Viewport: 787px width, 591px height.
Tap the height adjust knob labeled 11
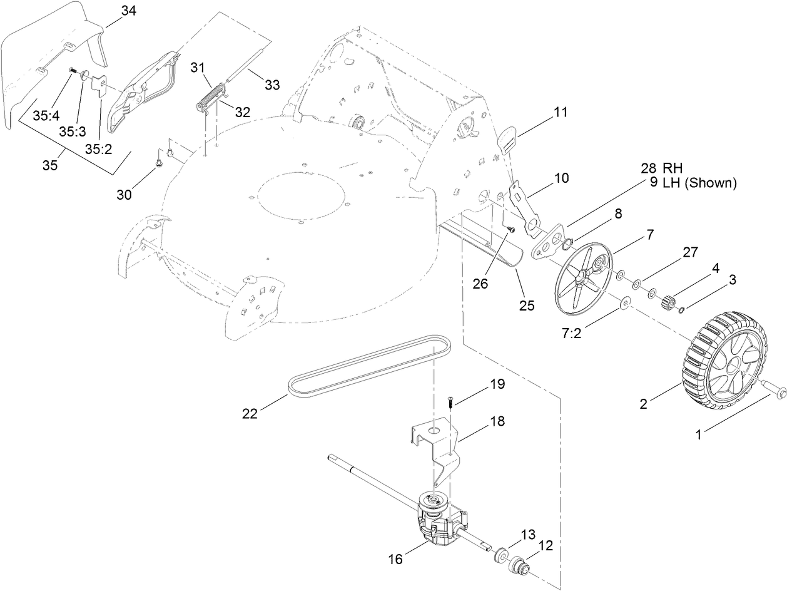[x=507, y=136]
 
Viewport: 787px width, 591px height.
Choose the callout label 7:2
[x=571, y=333]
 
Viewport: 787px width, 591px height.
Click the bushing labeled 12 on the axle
[x=519, y=566]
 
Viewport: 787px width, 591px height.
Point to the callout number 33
[x=272, y=85]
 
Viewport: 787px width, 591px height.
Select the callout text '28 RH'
[x=661, y=168]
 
